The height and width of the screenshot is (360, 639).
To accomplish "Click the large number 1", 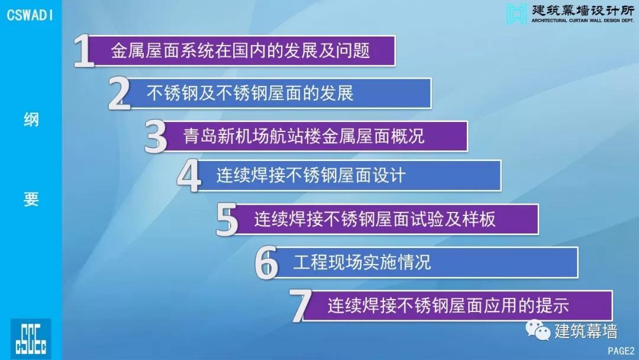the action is coord(84,51).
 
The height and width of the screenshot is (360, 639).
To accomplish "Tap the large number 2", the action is coord(119,94).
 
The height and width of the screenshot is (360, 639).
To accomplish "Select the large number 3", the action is coord(156,137).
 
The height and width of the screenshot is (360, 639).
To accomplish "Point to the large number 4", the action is coord(189,176).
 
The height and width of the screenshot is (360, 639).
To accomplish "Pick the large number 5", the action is coord(227,220).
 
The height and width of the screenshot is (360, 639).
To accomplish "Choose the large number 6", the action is coord(266,263).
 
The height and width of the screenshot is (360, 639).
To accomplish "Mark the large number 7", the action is coord(301,306).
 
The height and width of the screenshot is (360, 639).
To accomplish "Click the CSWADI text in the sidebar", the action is coord(30,15).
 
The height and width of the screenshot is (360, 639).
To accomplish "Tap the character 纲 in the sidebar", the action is coord(31,120).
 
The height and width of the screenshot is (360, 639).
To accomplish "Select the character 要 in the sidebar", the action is coord(31,200).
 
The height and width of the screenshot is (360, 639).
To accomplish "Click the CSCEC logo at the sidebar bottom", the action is coord(31,339).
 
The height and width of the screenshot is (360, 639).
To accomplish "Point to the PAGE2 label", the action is coord(621,351).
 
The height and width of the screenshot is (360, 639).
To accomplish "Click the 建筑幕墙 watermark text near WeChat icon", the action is coord(586,331).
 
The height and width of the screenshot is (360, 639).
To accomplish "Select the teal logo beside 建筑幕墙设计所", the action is coord(517,14).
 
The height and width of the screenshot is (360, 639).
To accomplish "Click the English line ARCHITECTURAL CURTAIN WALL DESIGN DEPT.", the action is coord(583,20).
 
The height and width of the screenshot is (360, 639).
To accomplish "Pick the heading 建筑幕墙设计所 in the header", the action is coord(583,10).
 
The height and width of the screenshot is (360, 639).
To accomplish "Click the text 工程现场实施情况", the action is coord(362,262).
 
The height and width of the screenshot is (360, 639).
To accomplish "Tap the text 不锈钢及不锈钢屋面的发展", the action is coord(250,94).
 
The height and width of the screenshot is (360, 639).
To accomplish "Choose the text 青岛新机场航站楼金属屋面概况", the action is coord(304,136).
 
